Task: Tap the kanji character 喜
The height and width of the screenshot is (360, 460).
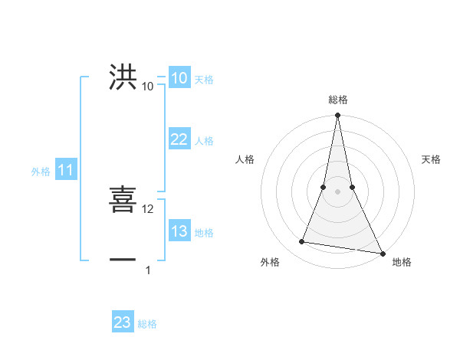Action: click(123, 200)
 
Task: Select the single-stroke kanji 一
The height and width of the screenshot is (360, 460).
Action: click(123, 260)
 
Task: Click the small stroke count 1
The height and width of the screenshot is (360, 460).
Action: click(149, 270)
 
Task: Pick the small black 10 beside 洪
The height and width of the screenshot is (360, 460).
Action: click(148, 87)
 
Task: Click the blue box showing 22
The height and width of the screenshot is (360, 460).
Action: click(179, 139)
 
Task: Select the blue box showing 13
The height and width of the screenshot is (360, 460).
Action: click(179, 231)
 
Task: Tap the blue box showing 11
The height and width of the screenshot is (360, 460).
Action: click(65, 171)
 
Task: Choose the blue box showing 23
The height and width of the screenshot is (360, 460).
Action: click(123, 322)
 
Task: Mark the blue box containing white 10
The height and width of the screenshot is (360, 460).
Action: click(179, 78)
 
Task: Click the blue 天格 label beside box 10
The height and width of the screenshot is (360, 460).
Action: click(204, 80)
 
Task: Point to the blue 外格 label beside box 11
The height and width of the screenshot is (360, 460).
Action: click(41, 172)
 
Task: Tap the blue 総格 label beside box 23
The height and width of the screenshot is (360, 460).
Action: click(147, 324)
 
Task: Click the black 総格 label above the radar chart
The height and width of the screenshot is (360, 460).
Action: click(337, 100)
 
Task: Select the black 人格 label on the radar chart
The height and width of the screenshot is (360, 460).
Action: click(245, 160)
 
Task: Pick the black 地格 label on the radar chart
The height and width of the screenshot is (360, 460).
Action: click(402, 262)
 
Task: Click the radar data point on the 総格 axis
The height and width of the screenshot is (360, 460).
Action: click(337, 116)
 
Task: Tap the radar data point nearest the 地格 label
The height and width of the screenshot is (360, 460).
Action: click(382, 254)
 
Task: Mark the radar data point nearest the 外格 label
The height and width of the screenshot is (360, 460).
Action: click(302, 242)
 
